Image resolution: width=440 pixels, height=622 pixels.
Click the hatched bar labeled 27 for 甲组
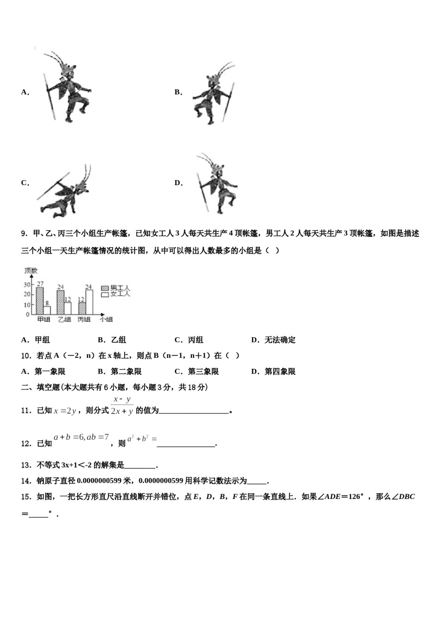click(40, 301)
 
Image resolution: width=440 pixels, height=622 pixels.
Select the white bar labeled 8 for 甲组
click(47, 310)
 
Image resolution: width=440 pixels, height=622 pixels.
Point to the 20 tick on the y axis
click(27, 294)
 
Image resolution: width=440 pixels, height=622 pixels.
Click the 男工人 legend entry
click(115, 288)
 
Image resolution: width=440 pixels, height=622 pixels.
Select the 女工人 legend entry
click(115, 294)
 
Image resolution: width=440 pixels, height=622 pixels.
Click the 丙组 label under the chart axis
click(84, 319)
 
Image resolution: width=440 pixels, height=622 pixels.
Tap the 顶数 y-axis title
click(31, 271)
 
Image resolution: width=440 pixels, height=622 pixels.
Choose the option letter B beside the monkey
click(178, 92)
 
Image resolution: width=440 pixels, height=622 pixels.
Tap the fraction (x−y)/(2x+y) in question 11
click(122, 405)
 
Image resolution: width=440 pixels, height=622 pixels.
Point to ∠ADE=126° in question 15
click(343, 497)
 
